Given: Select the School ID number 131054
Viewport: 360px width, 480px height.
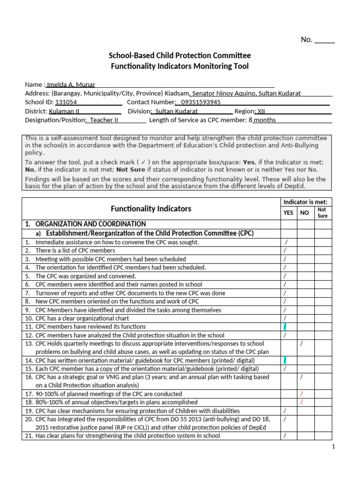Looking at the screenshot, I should [66, 102].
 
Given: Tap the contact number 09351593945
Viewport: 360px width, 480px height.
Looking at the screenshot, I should [201, 102].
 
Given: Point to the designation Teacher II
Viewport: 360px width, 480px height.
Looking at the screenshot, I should [104, 120].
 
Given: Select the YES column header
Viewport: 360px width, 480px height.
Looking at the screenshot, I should [288, 213].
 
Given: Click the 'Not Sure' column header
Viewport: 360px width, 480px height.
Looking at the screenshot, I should [322, 213].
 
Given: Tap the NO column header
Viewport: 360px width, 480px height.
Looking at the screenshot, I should [305, 213].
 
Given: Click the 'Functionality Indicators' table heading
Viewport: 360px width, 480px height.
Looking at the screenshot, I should [151, 209].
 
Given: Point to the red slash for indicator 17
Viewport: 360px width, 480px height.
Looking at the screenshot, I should [302, 394].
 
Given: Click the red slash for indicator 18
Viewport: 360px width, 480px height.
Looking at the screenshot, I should [302, 402].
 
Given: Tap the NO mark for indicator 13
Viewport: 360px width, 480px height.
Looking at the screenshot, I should [301, 344].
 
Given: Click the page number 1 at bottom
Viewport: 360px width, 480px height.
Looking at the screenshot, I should [333, 447].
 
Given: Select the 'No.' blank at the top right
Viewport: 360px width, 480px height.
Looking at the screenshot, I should [324, 40].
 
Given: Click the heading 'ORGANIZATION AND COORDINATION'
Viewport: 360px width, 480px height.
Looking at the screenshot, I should [90, 224].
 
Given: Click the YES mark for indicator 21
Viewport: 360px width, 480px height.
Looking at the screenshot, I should [285, 436].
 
